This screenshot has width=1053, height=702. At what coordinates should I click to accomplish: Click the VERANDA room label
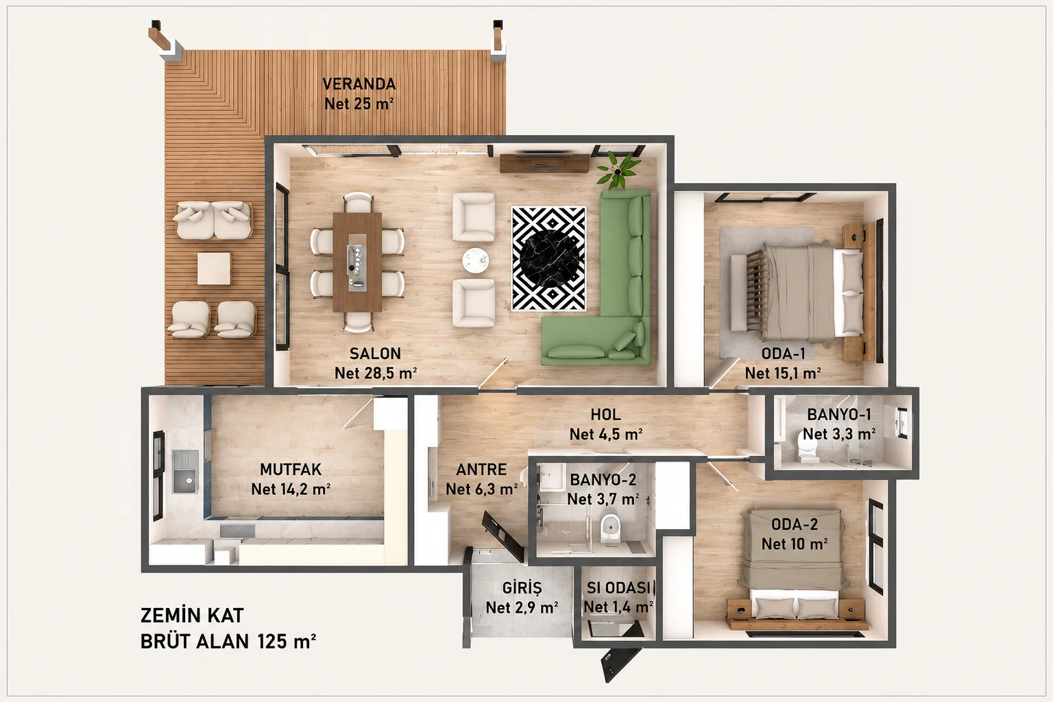point(359,84)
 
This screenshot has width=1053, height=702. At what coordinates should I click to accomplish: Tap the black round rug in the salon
point(548,258)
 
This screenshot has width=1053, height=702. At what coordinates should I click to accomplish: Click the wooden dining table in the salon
point(357,262)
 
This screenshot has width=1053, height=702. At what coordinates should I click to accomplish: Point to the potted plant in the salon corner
point(618,170)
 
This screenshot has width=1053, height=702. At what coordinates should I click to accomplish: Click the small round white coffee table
point(475,260)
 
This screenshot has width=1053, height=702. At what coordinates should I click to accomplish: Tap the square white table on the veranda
point(214,269)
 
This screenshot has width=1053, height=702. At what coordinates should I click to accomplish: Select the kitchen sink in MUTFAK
point(185,472)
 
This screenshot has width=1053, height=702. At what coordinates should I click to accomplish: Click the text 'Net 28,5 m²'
point(376,374)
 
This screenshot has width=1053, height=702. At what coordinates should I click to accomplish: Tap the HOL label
point(605,415)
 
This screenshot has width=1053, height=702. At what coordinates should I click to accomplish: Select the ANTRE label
point(481,469)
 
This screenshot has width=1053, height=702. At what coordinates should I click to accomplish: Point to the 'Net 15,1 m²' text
point(783,374)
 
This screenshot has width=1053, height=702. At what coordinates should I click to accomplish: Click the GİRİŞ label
point(522,588)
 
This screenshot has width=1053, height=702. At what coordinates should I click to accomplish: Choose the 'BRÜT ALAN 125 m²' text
point(228,642)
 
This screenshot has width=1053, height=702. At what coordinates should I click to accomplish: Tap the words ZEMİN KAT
point(192,616)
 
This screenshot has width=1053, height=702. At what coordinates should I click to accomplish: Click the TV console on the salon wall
point(544,163)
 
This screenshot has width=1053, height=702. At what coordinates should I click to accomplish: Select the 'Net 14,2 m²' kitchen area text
point(291,489)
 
